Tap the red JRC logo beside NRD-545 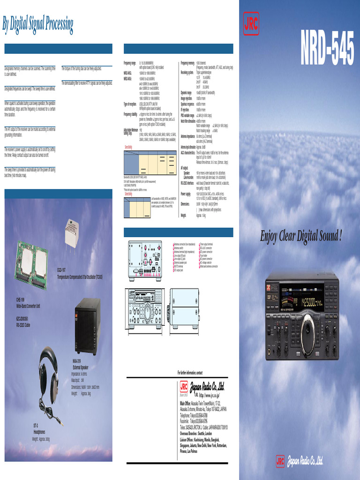pos(251,23)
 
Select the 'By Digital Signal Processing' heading pos(37,23)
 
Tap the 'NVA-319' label pos(76,361)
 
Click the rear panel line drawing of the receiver pos(145,261)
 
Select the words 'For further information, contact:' pos(190,372)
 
